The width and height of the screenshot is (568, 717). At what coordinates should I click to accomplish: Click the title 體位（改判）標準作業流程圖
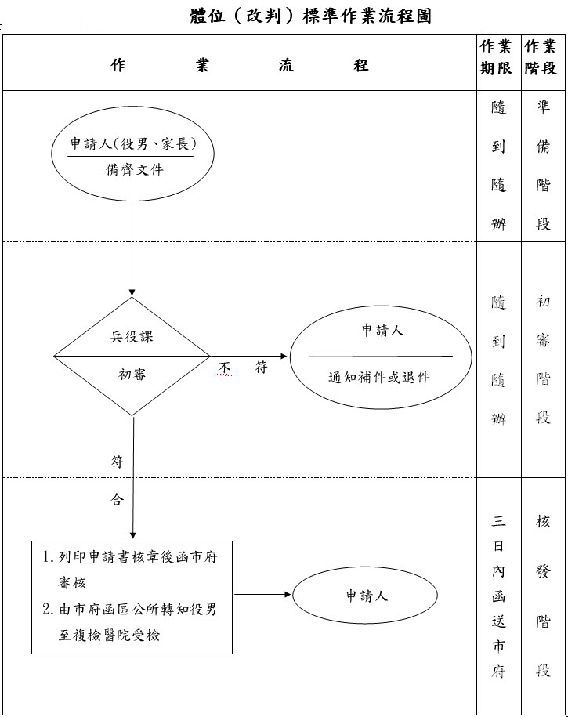click(310, 16)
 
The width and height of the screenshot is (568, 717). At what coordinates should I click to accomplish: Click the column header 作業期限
click(498, 57)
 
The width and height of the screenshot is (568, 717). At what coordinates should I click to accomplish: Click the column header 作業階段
click(541, 57)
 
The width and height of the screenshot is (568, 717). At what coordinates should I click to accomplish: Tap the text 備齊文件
click(135, 168)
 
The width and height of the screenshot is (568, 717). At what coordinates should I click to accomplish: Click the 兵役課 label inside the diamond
click(132, 336)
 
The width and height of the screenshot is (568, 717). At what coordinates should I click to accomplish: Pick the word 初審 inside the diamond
click(132, 374)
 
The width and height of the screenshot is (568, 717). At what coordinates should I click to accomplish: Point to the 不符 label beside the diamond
click(243, 368)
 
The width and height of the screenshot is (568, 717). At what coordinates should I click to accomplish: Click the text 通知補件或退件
click(379, 376)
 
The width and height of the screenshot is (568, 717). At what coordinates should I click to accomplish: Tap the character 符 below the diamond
click(118, 462)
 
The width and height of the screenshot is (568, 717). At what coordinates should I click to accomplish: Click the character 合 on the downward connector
click(118, 499)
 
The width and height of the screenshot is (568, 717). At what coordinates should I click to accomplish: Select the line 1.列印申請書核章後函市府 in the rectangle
click(130, 558)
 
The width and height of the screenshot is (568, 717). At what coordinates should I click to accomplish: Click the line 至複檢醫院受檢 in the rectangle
click(109, 635)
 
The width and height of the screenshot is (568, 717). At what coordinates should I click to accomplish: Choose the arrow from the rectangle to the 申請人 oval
click(262, 594)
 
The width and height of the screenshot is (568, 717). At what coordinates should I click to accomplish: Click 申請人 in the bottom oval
click(367, 596)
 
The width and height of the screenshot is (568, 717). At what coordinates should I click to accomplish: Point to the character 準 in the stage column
click(543, 107)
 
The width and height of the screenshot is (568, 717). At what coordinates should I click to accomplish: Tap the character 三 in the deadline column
click(498, 520)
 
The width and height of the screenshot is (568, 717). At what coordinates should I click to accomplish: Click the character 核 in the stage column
click(543, 520)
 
